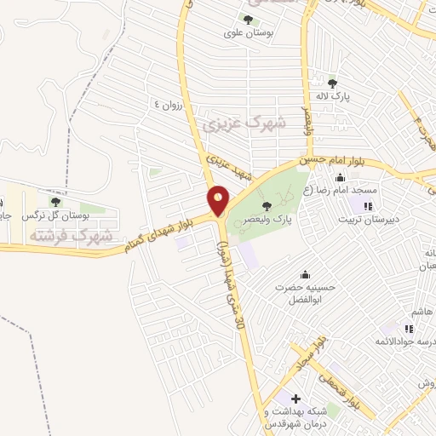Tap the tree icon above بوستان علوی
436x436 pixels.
[x=249, y=20]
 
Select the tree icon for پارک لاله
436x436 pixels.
[x=333, y=83]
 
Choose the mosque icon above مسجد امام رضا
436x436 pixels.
[x=341, y=177]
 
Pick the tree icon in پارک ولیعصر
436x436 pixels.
[x=267, y=205]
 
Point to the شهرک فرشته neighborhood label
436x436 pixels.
[x=70, y=234]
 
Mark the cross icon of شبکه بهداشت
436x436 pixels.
[x=295, y=399]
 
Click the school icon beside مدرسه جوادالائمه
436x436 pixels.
[x=409, y=329]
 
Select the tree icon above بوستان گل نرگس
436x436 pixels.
[x=55, y=202]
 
